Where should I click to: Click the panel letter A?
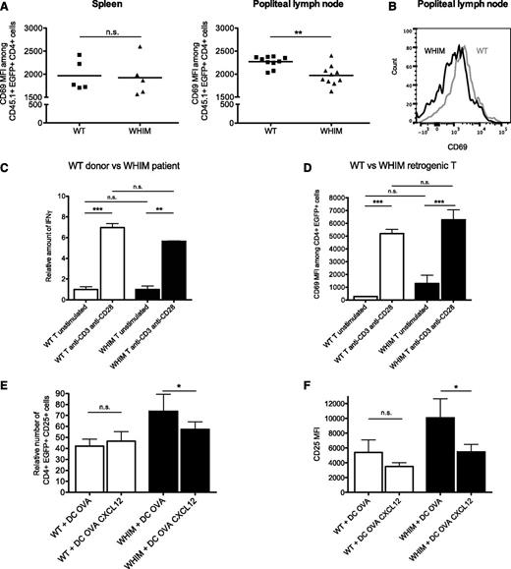pos(6,6)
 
